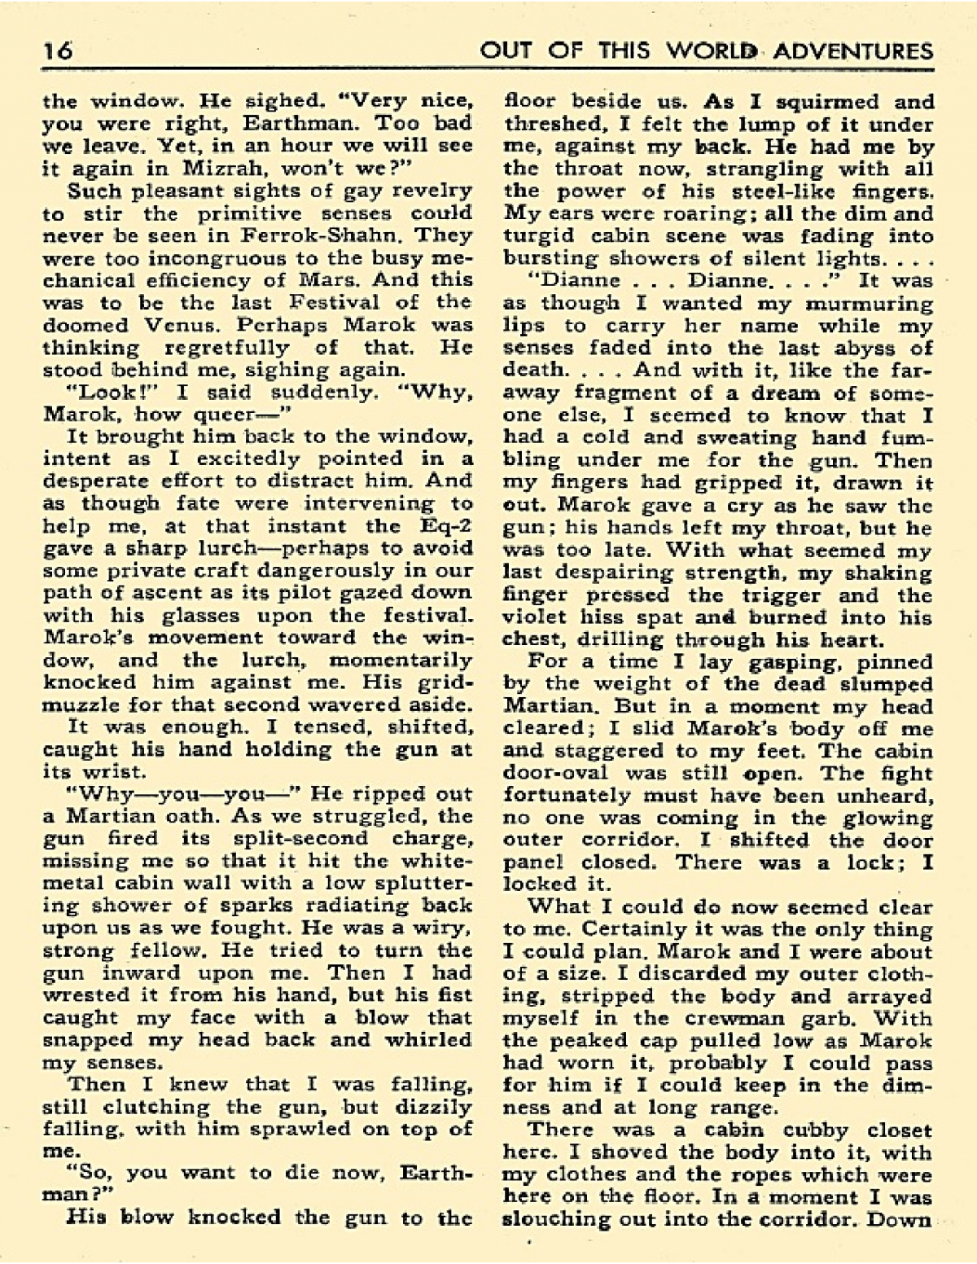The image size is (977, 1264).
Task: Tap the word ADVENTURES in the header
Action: (852, 51)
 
